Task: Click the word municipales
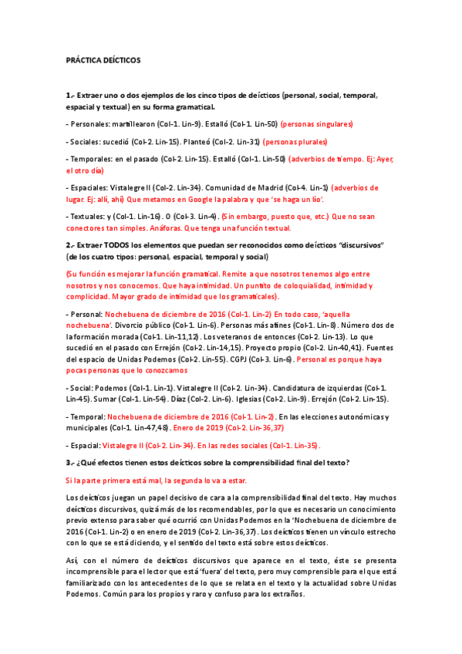87,427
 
